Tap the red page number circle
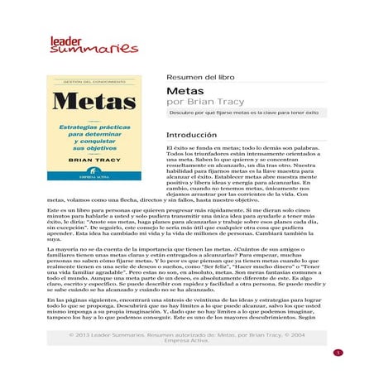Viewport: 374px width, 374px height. point(338,352)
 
